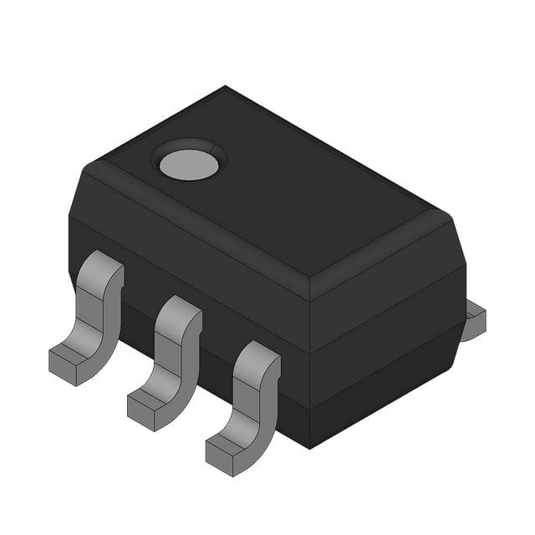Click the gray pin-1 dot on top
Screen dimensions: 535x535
point(189,165)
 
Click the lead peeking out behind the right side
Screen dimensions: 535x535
point(474,322)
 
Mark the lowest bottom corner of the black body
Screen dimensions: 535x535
point(310,447)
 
